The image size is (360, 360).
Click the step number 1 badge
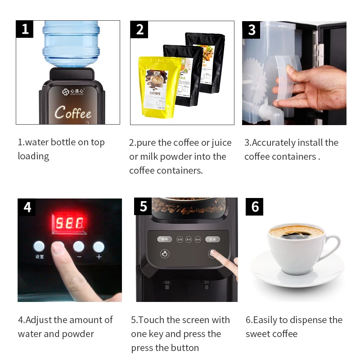click(x=25, y=29)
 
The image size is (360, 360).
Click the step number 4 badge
click(x=27, y=207)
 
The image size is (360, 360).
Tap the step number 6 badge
click(x=255, y=207)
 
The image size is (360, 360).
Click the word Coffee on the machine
click(x=73, y=112)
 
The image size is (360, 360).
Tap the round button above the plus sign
click(x=99, y=246)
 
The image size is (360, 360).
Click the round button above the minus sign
click(x=79, y=246)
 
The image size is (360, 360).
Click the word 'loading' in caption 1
click(x=33, y=157)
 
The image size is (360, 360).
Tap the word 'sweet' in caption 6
click(x=257, y=334)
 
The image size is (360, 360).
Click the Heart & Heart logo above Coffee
click(x=73, y=91)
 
